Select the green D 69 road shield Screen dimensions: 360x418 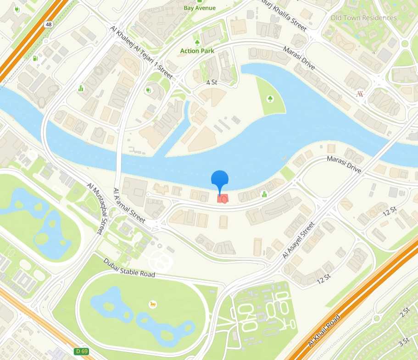point(82,351)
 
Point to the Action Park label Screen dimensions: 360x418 point(197,51)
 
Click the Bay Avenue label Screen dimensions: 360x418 point(200,8)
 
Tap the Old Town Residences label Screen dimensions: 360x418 point(363,18)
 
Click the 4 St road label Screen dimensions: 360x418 point(211,83)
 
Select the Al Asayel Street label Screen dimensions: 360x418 point(298,240)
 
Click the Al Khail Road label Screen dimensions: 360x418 point(326,331)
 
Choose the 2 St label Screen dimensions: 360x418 point(404,312)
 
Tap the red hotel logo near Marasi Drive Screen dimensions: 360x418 point(360,94)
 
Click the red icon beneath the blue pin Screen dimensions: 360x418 point(222,199)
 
